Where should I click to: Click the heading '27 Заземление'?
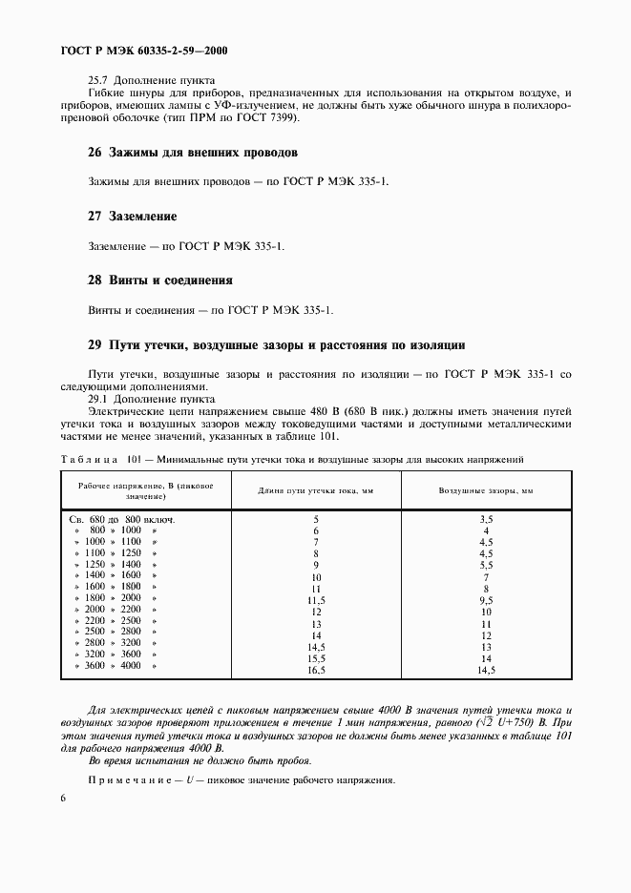132,217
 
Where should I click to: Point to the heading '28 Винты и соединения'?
160,280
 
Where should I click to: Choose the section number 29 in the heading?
95,344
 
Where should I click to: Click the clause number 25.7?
98,80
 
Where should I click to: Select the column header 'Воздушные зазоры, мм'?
486,489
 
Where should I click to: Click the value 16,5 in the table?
315,671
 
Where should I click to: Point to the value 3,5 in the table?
486,519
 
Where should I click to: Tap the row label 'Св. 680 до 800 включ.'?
123,519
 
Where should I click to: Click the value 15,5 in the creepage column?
315,659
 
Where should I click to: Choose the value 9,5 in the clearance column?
486,601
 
